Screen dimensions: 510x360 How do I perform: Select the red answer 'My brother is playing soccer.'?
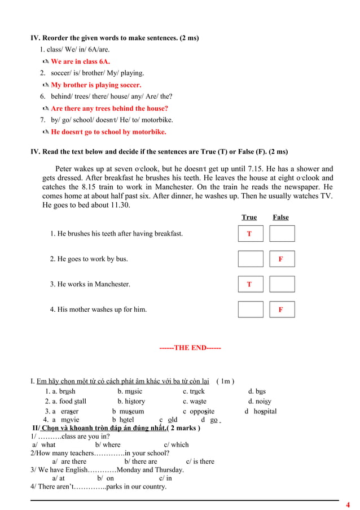tap(95, 85)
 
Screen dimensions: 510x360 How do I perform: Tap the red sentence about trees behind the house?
tap(109, 108)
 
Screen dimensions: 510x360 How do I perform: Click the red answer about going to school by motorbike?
tap(108, 132)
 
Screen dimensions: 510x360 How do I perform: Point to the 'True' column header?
tap(249, 217)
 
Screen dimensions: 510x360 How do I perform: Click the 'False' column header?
tap(280, 217)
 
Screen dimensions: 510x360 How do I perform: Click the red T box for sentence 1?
tap(250, 234)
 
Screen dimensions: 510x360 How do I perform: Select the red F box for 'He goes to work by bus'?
tap(281, 259)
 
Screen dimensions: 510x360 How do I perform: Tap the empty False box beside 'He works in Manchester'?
tap(282, 284)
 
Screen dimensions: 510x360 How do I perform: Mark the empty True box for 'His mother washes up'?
tap(250, 310)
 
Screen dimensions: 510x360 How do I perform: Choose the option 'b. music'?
tap(130, 391)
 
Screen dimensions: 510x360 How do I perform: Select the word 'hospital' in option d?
tap(265, 412)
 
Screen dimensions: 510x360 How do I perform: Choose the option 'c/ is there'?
tap(200, 461)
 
